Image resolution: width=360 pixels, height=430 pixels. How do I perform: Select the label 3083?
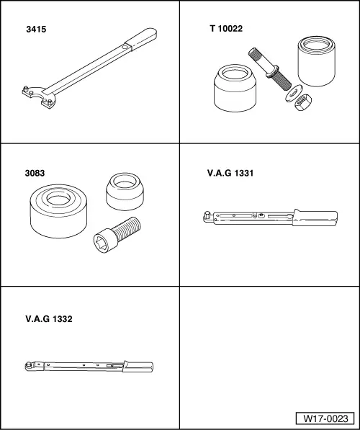(35, 174)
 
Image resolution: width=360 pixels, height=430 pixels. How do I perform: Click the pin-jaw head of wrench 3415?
(35, 95)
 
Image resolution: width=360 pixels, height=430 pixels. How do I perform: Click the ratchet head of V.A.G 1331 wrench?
(207, 214)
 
